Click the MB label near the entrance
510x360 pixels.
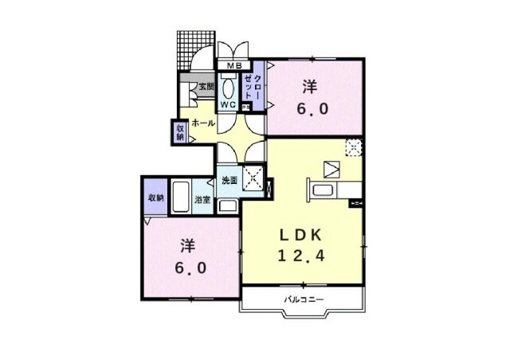[x=236, y=65]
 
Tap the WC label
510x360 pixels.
[x=227, y=104]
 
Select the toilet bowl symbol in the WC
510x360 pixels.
[x=227, y=88]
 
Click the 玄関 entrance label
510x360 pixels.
[x=206, y=87]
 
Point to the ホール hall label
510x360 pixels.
[x=202, y=123]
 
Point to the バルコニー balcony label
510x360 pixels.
[x=304, y=299]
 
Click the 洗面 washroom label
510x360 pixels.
[x=229, y=180]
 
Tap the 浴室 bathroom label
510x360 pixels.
[x=202, y=200]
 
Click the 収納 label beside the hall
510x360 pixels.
[x=180, y=131]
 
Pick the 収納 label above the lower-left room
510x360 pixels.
[x=155, y=197]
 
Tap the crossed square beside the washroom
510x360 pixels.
[x=255, y=177]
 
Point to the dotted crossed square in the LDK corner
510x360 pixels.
[x=354, y=146]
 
